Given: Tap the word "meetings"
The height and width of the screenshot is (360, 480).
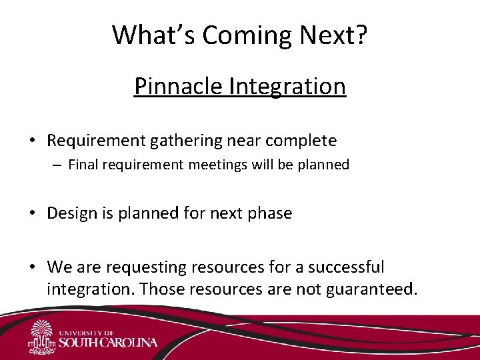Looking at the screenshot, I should [x=223, y=165].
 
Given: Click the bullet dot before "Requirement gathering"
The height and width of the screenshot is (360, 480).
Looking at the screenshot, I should [x=32, y=141].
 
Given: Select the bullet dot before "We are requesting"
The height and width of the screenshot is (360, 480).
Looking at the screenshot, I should [x=32, y=268].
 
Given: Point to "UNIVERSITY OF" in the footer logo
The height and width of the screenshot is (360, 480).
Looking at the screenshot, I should [x=87, y=332].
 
